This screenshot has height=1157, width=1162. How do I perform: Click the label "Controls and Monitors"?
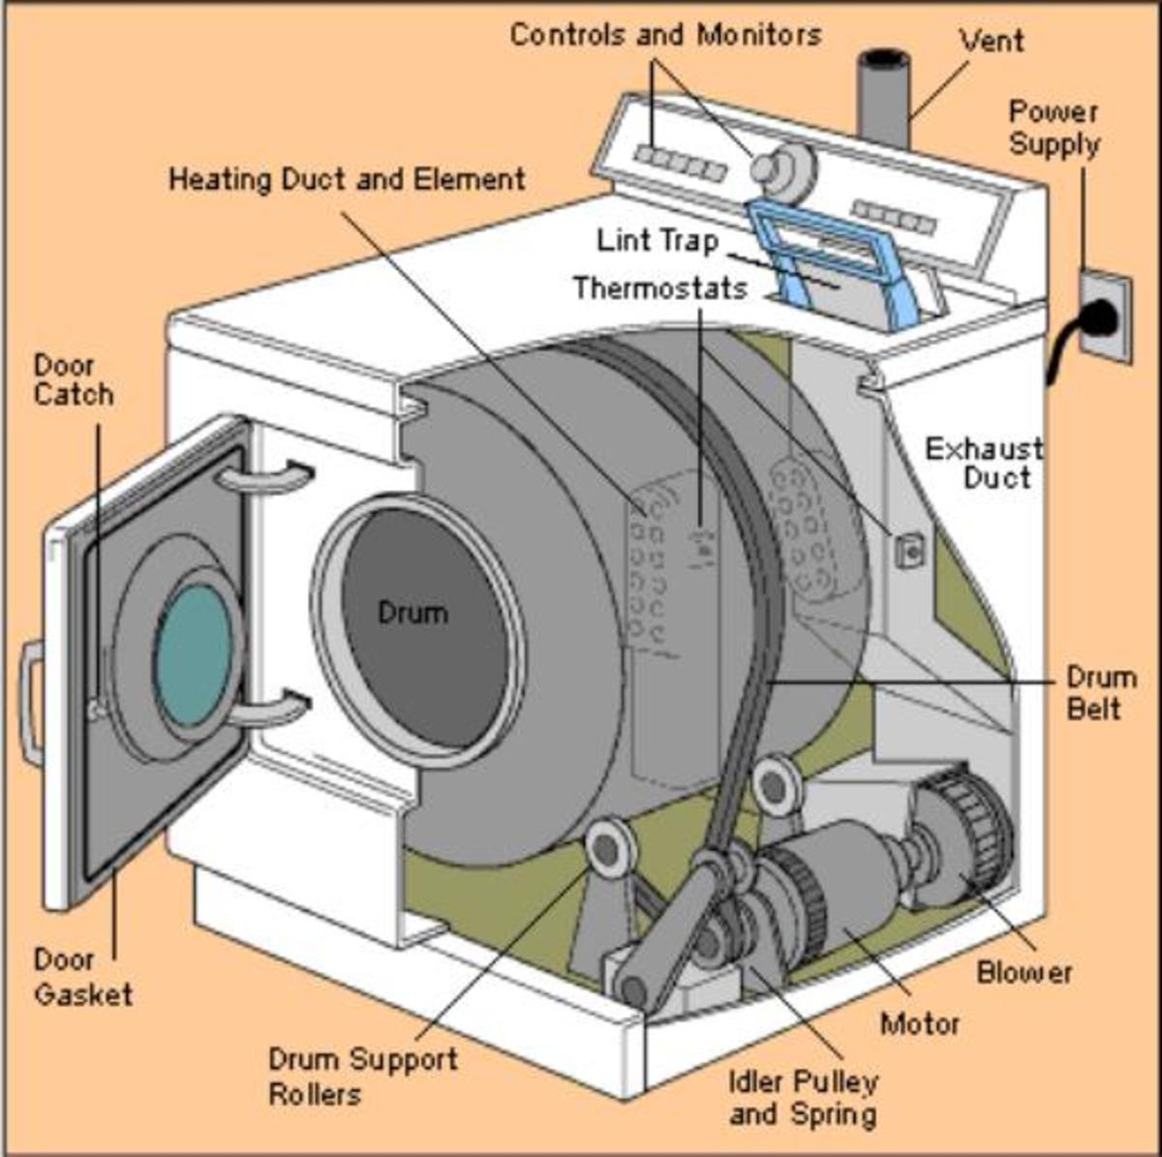[x=665, y=35]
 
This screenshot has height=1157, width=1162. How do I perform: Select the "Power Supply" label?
[x=1055, y=129]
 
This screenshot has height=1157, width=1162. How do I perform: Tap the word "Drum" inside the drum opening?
[x=413, y=613]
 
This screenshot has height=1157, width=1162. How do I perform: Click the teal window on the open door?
[x=195, y=655]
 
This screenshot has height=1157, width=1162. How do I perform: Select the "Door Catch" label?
[x=74, y=381]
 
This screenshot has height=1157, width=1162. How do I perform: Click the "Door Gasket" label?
[x=83, y=976]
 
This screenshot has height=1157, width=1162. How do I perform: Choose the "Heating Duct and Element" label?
[x=348, y=180]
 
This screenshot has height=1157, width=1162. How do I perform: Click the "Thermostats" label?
[x=660, y=289]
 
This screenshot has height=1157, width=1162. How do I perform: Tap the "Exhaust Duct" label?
[x=984, y=464]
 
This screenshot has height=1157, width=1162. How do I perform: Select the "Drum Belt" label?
[x=1101, y=693]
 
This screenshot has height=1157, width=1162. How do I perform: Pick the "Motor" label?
[x=920, y=1024]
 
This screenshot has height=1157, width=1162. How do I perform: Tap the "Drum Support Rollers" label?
[x=363, y=1077]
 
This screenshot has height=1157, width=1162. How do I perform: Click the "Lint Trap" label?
[x=657, y=240]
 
